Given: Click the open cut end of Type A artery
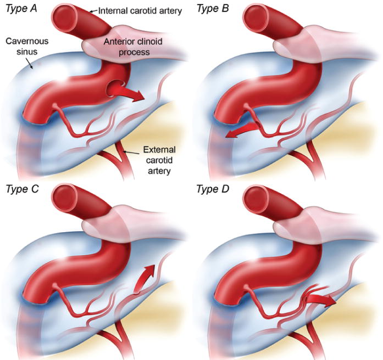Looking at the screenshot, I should coord(66,19).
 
